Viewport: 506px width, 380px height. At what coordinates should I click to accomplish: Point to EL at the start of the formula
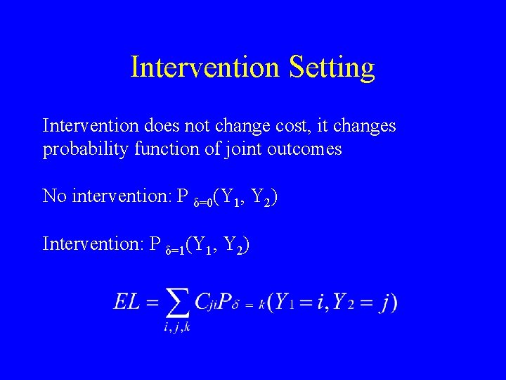126,303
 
